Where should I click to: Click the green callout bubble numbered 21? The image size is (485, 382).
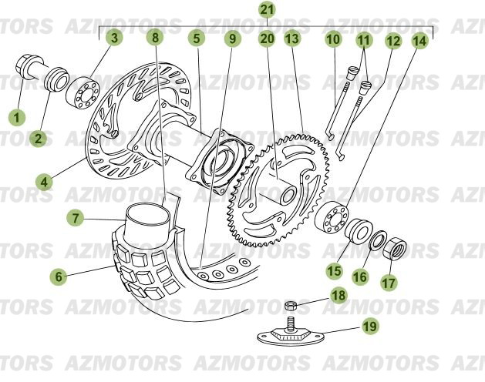click(x=266, y=10)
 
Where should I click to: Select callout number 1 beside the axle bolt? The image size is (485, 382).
click(x=16, y=117)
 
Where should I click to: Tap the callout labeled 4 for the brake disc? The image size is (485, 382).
click(x=45, y=182)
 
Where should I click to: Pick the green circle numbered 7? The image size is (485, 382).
click(x=76, y=219)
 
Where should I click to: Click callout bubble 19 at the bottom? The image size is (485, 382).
click(x=369, y=327)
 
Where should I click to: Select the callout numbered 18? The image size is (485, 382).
click(x=338, y=295)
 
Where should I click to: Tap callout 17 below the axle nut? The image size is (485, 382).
click(x=388, y=282)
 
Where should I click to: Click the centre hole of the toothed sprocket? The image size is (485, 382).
click(x=287, y=195)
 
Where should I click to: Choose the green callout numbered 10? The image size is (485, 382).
click(x=332, y=38)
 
